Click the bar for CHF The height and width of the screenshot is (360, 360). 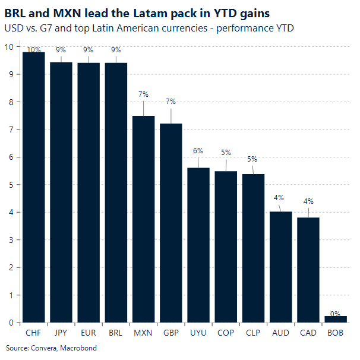point(34,187)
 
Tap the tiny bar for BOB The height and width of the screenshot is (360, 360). point(336,319)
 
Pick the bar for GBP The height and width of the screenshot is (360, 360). point(170,223)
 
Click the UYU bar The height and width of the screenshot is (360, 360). point(198,245)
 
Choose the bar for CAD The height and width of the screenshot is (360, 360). point(308,270)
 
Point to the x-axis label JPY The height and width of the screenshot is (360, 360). point(61,333)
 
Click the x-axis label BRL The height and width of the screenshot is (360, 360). point(116,333)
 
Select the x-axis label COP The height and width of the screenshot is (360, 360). point(226,333)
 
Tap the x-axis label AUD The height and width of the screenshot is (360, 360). point(280,333)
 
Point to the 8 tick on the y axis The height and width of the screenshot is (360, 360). point(11,102)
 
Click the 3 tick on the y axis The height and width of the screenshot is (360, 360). point(11,240)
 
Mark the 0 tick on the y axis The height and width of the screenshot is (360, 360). point(11,323)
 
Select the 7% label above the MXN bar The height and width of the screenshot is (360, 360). point(143,94)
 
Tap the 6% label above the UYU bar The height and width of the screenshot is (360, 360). point(198,151)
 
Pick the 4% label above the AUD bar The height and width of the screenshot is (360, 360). point(280,198)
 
